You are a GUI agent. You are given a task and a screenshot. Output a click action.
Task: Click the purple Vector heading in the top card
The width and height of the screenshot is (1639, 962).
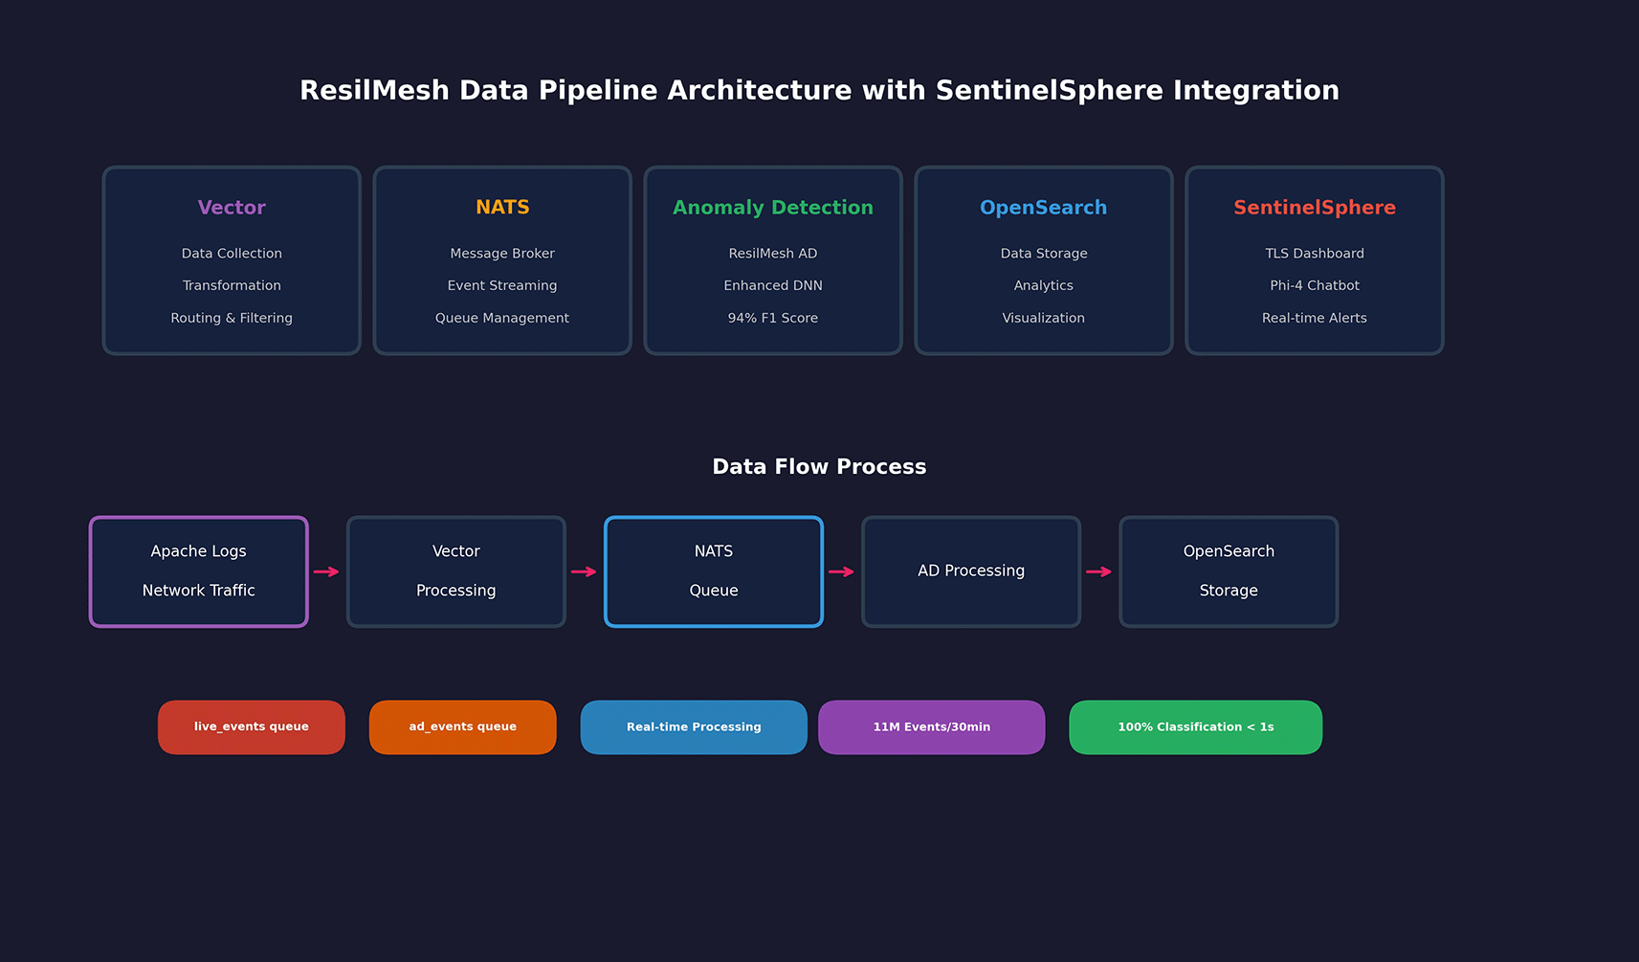click(232, 208)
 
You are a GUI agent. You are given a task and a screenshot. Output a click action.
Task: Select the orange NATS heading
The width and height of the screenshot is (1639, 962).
click(502, 207)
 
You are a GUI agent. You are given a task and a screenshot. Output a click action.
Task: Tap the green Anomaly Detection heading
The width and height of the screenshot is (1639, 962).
click(773, 208)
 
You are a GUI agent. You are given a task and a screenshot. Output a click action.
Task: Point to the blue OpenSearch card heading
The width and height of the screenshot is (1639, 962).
click(1044, 208)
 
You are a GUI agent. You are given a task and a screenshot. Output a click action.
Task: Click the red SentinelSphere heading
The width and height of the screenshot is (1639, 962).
click(1314, 208)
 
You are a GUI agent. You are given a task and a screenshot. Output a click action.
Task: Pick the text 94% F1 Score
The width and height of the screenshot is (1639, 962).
click(773, 318)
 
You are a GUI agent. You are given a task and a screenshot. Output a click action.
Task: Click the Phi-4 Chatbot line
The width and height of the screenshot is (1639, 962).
click(1314, 285)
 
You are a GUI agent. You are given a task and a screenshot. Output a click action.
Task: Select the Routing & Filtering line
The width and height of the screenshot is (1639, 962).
click(232, 318)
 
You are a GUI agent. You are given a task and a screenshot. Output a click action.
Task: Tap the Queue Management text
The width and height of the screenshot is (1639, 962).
click(502, 318)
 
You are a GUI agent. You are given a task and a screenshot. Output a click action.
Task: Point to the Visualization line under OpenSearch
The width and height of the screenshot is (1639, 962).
click(1044, 318)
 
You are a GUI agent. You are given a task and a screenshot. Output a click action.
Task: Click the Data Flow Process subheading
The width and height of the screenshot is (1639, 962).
click(819, 466)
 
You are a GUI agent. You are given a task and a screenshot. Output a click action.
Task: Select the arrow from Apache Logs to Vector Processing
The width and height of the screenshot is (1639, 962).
click(326, 571)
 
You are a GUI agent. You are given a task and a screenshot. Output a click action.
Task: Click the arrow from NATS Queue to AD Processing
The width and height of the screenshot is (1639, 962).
click(841, 571)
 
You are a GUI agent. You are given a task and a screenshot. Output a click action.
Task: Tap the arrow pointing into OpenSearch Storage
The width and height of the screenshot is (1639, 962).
click(1099, 571)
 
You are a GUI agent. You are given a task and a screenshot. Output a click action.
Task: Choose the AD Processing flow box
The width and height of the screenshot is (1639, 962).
click(971, 571)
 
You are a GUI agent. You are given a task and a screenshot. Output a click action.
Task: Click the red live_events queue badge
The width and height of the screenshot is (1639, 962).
click(251, 727)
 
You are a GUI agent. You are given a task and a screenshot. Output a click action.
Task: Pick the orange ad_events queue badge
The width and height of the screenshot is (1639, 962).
click(462, 727)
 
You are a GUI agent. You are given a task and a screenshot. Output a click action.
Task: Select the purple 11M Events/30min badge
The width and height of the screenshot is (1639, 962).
click(932, 727)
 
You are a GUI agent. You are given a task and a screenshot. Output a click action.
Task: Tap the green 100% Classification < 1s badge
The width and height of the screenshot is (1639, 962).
click(1196, 727)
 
